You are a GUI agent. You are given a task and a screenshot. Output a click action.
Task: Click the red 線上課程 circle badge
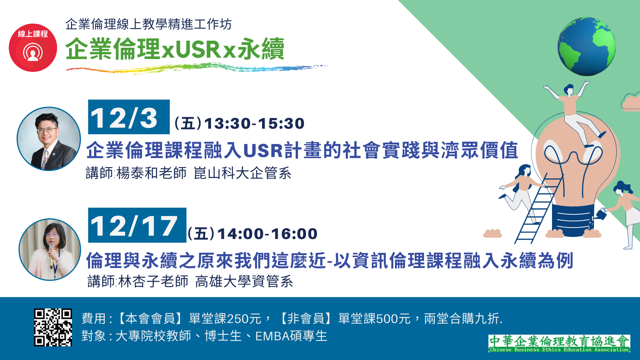pos(33,48)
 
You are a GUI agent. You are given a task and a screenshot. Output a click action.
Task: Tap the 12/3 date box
pos(129,117)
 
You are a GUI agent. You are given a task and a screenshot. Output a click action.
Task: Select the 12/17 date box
pos(137,225)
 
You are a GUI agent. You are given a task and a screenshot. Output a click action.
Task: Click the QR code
pos(53,327)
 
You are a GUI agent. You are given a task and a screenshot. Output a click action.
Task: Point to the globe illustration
pos(587,47)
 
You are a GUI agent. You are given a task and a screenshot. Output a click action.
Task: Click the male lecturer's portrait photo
pos(49,139)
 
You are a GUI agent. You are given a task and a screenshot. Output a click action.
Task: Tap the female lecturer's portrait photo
pos(50,249)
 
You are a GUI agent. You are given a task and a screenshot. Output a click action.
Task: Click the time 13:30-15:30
pos(254,123)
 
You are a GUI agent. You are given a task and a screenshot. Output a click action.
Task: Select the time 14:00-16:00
pos(267,234)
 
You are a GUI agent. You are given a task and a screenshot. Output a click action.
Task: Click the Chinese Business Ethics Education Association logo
pos(559,344)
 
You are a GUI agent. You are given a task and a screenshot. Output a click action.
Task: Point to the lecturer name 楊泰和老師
pos(151,173)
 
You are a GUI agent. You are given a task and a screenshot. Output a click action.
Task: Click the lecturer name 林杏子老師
pos(153,281)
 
